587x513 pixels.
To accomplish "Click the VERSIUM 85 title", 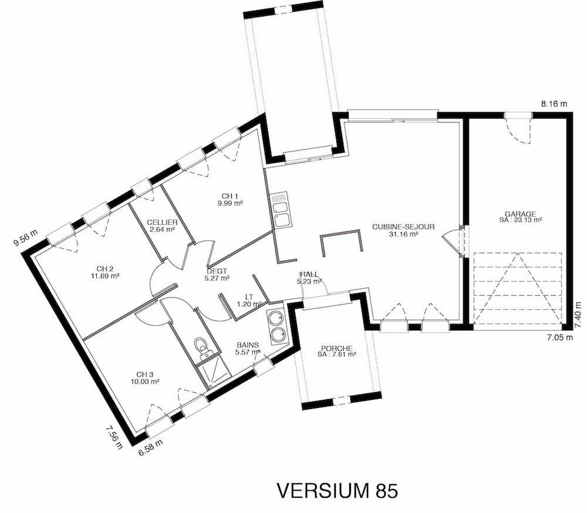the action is [x=337, y=491].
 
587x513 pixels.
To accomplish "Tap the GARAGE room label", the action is [x=520, y=214].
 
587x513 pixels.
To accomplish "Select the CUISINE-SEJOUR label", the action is [x=404, y=227].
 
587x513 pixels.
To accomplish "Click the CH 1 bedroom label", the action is [x=230, y=196].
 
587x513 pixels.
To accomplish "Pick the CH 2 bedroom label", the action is [x=105, y=269].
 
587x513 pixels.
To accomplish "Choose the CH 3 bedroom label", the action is [x=145, y=374].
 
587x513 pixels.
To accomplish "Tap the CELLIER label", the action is [x=162, y=222].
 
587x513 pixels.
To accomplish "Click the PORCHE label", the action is [x=336, y=348].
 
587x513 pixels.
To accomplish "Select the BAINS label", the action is [x=248, y=345].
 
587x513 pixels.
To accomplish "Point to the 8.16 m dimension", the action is [x=554, y=104].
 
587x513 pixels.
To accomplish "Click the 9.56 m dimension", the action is [x=26, y=238].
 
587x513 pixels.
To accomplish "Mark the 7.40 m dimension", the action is [x=579, y=315].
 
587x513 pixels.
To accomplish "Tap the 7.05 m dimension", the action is [x=559, y=338].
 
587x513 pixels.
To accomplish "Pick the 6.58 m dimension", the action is [x=150, y=447].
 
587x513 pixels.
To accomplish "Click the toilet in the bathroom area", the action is [x=203, y=347].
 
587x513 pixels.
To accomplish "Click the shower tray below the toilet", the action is [x=212, y=371].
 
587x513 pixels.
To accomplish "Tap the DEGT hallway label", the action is [x=217, y=271].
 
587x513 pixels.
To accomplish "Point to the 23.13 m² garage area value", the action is [x=520, y=220].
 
